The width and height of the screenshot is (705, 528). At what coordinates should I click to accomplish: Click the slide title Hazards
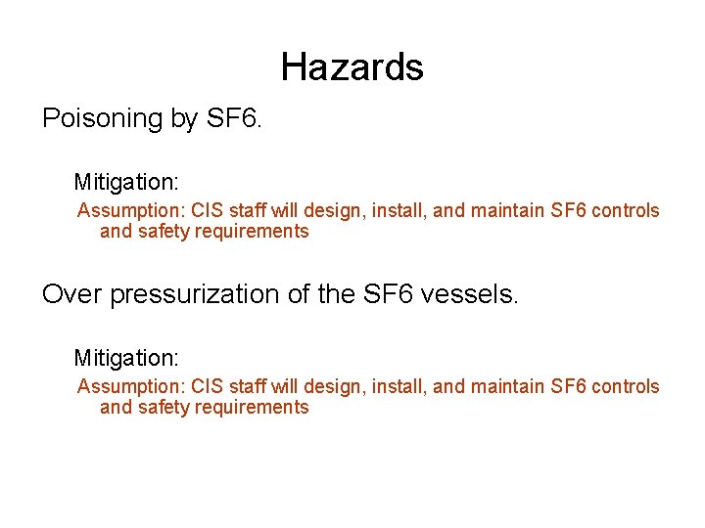click(x=352, y=67)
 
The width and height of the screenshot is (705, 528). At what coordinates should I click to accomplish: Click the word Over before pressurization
click(x=72, y=294)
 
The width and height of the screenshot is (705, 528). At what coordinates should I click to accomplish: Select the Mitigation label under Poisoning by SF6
click(x=126, y=183)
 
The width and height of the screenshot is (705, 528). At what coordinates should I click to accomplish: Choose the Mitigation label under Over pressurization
click(x=126, y=359)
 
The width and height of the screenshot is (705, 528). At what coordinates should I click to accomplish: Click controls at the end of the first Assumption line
click(x=627, y=211)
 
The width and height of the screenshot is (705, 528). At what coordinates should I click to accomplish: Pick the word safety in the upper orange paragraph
click(x=165, y=232)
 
